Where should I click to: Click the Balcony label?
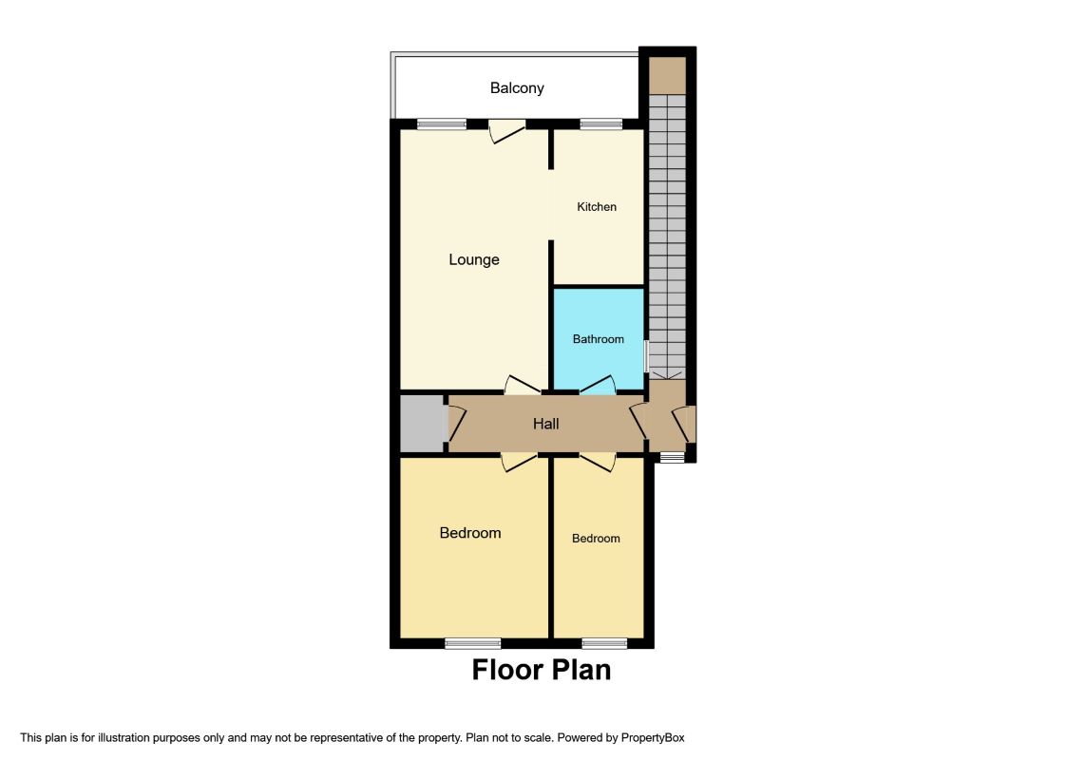(x=517, y=88)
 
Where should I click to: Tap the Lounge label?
(x=474, y=259)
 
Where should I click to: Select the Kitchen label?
(x=597, y=206)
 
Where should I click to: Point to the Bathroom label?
(x=598, y=339)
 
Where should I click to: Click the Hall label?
(x=545, y=424)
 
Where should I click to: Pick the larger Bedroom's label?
(x=470, y=533)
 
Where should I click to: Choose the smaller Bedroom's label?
(x=596, y=539)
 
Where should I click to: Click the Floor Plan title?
(x=542, y=670)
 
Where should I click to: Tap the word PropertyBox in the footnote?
(x=653, y=738)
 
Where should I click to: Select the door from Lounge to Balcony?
(x=507, y=130)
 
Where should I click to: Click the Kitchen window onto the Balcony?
(x=601, y=124)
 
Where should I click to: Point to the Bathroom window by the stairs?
(x=645, y=355)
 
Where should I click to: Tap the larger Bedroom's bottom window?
(x=472, y=643)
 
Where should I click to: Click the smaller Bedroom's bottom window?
(x=604, y=643)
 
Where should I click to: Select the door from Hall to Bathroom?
(x=598, y=385)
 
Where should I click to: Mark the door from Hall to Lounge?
(x=523, y=385)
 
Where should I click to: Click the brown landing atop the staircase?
(x=667, y=75)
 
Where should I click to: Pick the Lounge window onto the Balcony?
(x=441, y=124)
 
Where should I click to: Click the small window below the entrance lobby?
(x=671, y=457)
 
